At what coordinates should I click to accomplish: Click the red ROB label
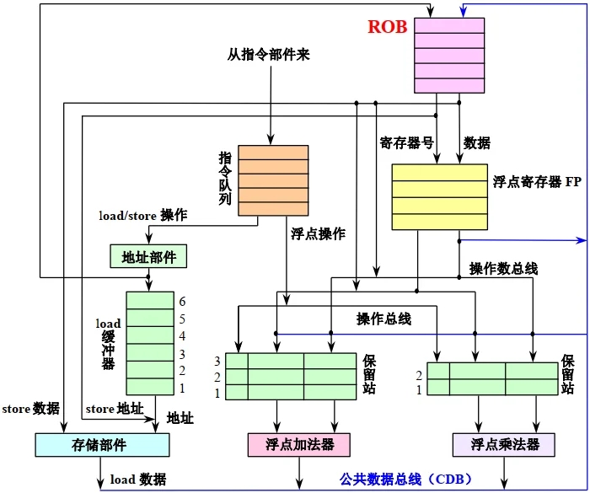pyautogui.click(x=387, y=27)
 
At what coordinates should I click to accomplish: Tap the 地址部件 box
pyautogui.click(x=148, y=257)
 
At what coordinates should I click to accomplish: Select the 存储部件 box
pyautogui.click(x=102, y=443)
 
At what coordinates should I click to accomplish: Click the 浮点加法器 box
pyautogui.click(x=298, y=444)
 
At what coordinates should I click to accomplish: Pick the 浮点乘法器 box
pyautogui.click(x=503, y=444)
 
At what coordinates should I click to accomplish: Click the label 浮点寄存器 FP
pyautogui.click(x=536, y=181)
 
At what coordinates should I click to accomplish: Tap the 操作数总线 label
pyautogui.click(x=503, y=269)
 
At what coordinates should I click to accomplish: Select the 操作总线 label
pyautogui.click(x=383, y=319)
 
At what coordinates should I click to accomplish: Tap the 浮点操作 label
pyautogui.click(x=318, y=233)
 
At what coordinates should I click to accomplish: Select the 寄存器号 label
pyautogui.click(x=406, y=142)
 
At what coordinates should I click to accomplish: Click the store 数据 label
pyautogui.click(x=30, y=409)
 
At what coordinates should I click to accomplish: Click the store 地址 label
pyautogui.click(x=114, y=409)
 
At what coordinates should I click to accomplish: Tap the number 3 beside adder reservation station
pyautogui.click(x=217, y=362)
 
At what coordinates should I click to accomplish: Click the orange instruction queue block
pyautogui.click(x=272, y=180)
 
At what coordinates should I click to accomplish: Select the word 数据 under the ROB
pyautogui.click(x=477, y=142)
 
